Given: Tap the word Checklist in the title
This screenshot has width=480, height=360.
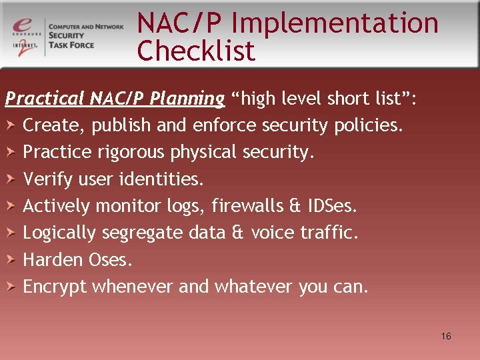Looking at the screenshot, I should point(196,51).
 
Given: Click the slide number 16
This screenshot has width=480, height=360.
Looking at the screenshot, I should point(446,336).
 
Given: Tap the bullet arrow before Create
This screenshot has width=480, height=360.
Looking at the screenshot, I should point(11,125).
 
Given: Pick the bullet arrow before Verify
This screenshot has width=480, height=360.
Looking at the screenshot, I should point(11,179).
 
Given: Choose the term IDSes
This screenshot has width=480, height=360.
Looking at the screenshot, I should point(333,206).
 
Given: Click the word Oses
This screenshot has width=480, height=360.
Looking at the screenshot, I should point(107,260).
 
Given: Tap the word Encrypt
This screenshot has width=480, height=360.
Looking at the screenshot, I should point(55,287).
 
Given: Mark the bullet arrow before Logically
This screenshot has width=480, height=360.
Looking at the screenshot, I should point(11,233).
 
